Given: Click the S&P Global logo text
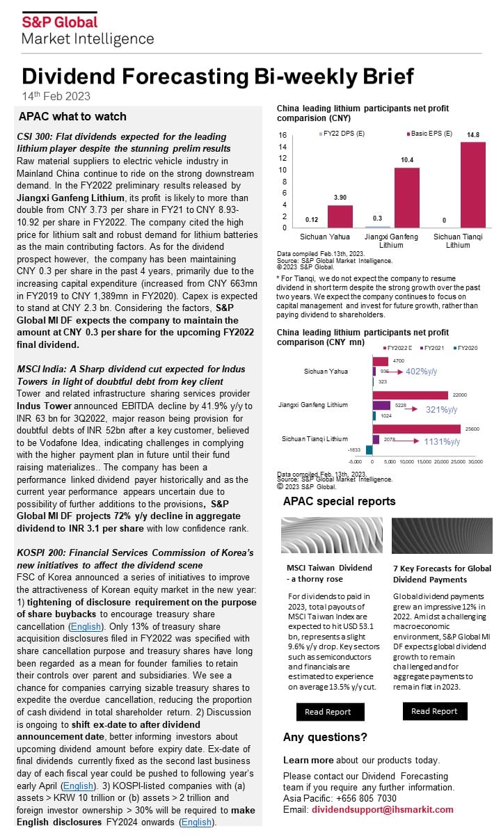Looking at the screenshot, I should pos(59,22).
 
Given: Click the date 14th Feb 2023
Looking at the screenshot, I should pos(56,96).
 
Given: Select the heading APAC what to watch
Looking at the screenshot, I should pos(72,116).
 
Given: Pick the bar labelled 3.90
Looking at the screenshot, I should pos(340,216).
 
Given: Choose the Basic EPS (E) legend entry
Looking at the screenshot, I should pos(431,134).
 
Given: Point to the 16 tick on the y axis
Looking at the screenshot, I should pos(283,135).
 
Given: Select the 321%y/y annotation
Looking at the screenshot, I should pos(441,410).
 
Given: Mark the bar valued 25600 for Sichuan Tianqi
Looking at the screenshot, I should pos(417,429).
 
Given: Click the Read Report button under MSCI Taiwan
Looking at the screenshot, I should pos(328,712).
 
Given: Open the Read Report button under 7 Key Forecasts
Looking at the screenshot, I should pos(434,711).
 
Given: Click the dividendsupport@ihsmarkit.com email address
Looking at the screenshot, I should pos(382,809).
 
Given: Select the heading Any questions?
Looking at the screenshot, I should pos(324,738).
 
